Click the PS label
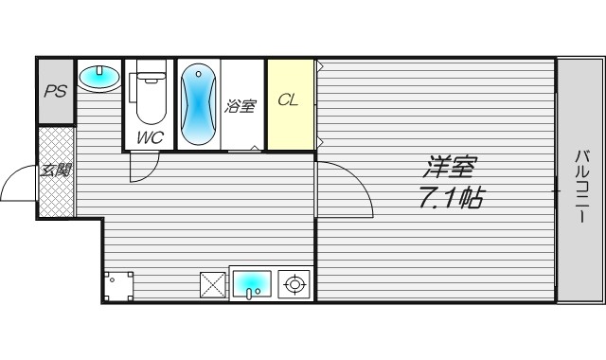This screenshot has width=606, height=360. click(55, 92)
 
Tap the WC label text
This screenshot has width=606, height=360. click(150, 137)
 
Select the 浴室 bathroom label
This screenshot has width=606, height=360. click(240, 106)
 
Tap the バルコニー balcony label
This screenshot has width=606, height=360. click(581, 186)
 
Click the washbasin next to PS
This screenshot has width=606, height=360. click(98, 77)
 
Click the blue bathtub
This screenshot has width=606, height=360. click(198, 103)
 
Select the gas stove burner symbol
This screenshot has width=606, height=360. click(294, 284)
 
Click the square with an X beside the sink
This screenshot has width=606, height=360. click(212, 284)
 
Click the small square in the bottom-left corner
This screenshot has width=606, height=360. click(118, 286)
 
